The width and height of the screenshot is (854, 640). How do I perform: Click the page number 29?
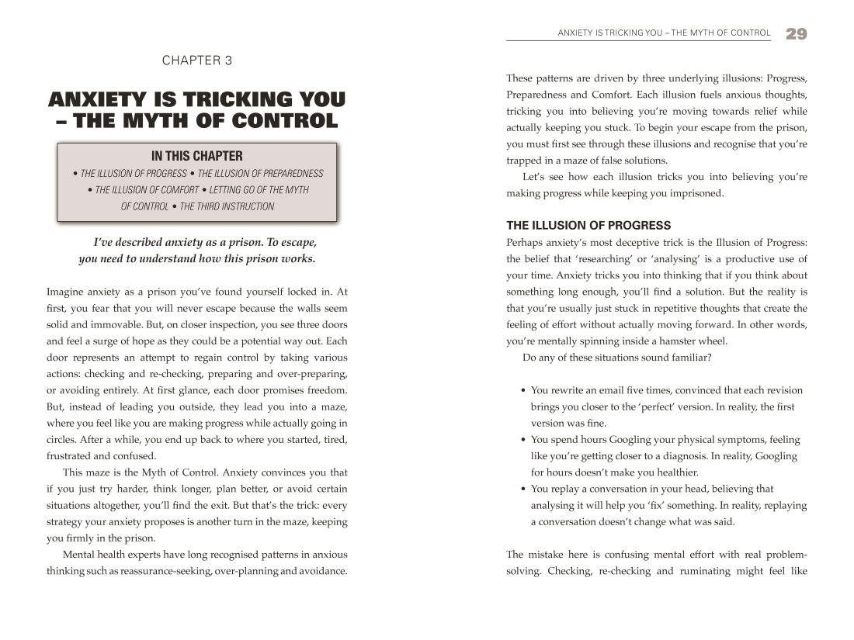(x=796, y=33)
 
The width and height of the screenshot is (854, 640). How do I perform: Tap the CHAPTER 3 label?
(x=196, y=60)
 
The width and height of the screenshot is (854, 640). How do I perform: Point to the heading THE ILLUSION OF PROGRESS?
(x=588, y=226)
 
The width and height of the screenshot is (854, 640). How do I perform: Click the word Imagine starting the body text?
(x=68, y=292)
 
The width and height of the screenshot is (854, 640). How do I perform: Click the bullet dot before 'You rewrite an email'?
(x=523, y=390)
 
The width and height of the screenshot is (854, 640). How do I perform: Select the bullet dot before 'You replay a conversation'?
(x=523, y=489)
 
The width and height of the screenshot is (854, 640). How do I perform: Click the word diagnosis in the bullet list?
(x=687, y=456)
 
